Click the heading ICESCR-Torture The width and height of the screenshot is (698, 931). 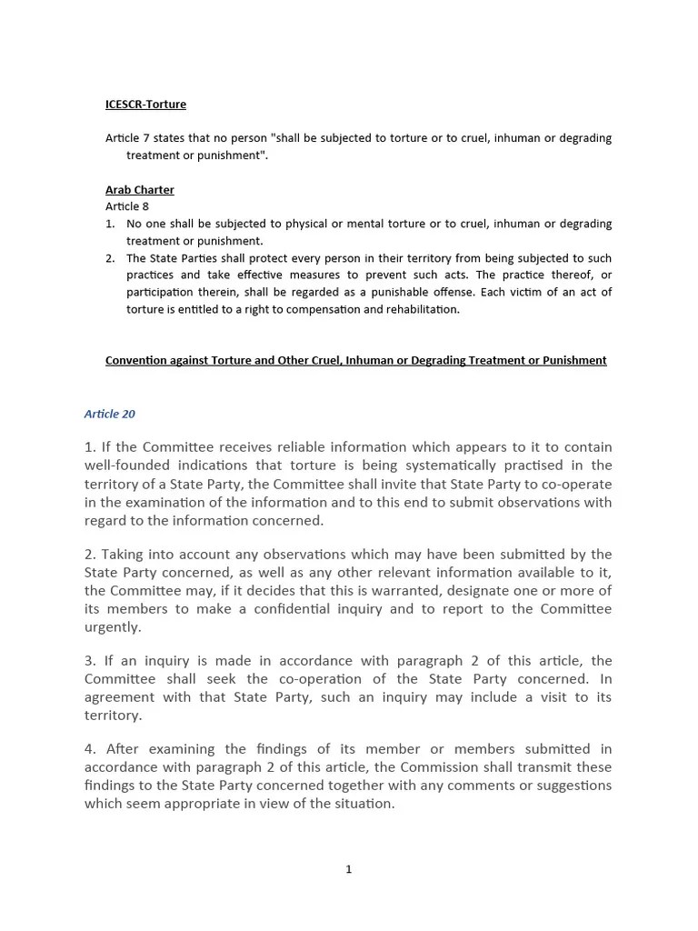point(145,105)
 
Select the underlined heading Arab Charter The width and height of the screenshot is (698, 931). point(139,190)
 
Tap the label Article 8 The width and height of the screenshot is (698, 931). point(127,206)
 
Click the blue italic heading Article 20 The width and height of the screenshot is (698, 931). point(110,414)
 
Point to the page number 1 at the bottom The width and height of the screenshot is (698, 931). point(348,869)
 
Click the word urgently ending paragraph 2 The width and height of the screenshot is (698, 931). point(113,627)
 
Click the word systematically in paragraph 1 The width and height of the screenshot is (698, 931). point(442,465)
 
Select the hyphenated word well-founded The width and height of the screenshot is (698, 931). point(126,465)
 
